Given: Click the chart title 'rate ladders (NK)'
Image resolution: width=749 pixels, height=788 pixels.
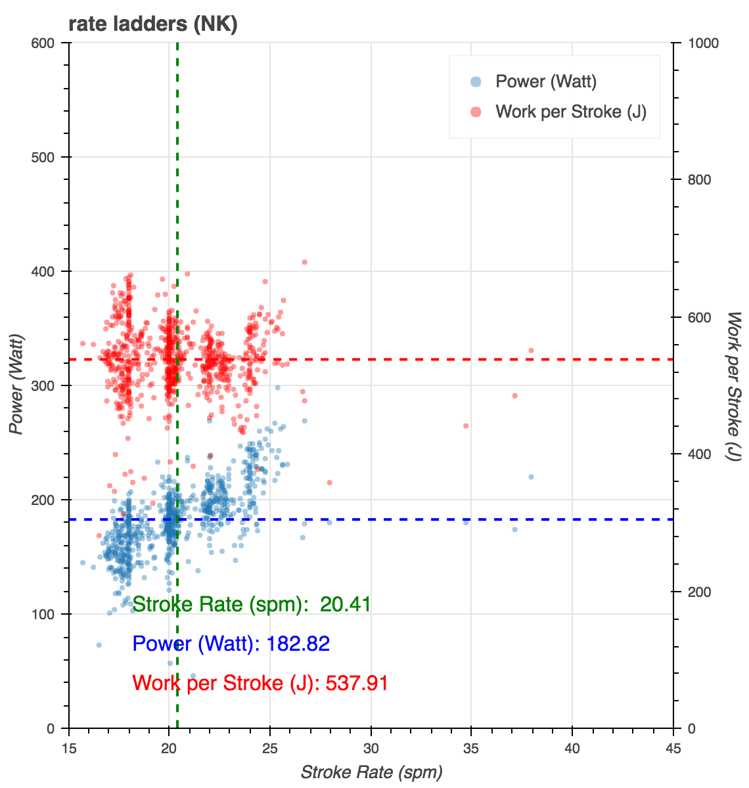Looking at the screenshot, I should (152, 24).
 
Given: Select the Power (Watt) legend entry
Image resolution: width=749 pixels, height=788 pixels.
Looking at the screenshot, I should (545, 82).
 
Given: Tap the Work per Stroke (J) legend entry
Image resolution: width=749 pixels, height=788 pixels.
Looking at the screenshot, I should (570, 112).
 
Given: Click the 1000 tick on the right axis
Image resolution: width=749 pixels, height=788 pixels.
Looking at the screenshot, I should (703, 43).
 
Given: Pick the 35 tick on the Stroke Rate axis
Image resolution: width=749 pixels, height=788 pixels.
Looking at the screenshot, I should (472, 749).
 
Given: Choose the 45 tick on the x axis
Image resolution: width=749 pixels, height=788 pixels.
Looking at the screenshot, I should (673, 749).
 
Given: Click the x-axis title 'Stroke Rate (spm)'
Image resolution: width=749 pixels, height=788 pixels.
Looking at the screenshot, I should (371, 772).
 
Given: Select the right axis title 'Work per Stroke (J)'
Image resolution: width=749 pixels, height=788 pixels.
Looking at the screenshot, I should (734, 385).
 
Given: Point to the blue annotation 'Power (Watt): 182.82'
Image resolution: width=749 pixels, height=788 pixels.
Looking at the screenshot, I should (231, 644).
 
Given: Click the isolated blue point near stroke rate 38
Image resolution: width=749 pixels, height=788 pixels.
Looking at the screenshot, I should (531, 477).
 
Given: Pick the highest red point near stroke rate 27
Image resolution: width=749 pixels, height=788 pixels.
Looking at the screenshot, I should (304, 262).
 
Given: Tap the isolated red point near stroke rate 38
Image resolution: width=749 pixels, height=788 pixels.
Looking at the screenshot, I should (531, 351).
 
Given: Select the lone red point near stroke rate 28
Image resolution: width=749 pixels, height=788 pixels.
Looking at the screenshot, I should (329, 483).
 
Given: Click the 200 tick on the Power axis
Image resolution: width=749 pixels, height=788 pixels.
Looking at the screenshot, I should (49, 500).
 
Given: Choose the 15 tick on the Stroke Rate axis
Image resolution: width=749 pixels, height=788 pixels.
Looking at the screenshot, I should (69, 749).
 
